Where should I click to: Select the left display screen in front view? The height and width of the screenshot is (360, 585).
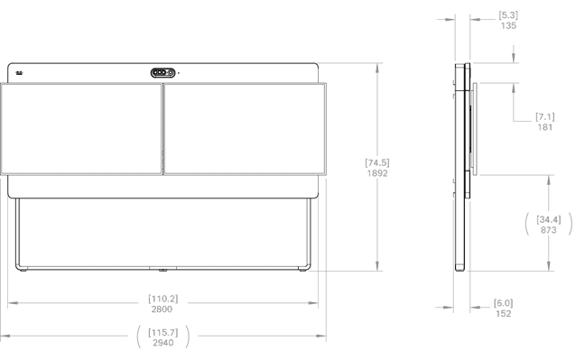pos(81,129)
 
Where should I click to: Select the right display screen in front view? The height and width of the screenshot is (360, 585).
pos(244,129)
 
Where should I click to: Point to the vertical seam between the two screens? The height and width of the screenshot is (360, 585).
pos(162,129)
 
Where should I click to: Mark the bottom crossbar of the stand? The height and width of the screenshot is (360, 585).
pos(163,268)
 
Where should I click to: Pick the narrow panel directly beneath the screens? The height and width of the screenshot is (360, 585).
pos(163,187)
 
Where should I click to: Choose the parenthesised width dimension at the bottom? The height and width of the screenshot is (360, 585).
pos(163,337)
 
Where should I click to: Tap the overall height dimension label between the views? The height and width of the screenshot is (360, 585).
pos(377,168)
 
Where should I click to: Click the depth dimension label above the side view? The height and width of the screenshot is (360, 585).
pos(508,21)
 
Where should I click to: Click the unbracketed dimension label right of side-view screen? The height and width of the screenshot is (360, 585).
pos(544,121)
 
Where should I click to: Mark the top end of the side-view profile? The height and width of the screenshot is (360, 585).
pos(460,64)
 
